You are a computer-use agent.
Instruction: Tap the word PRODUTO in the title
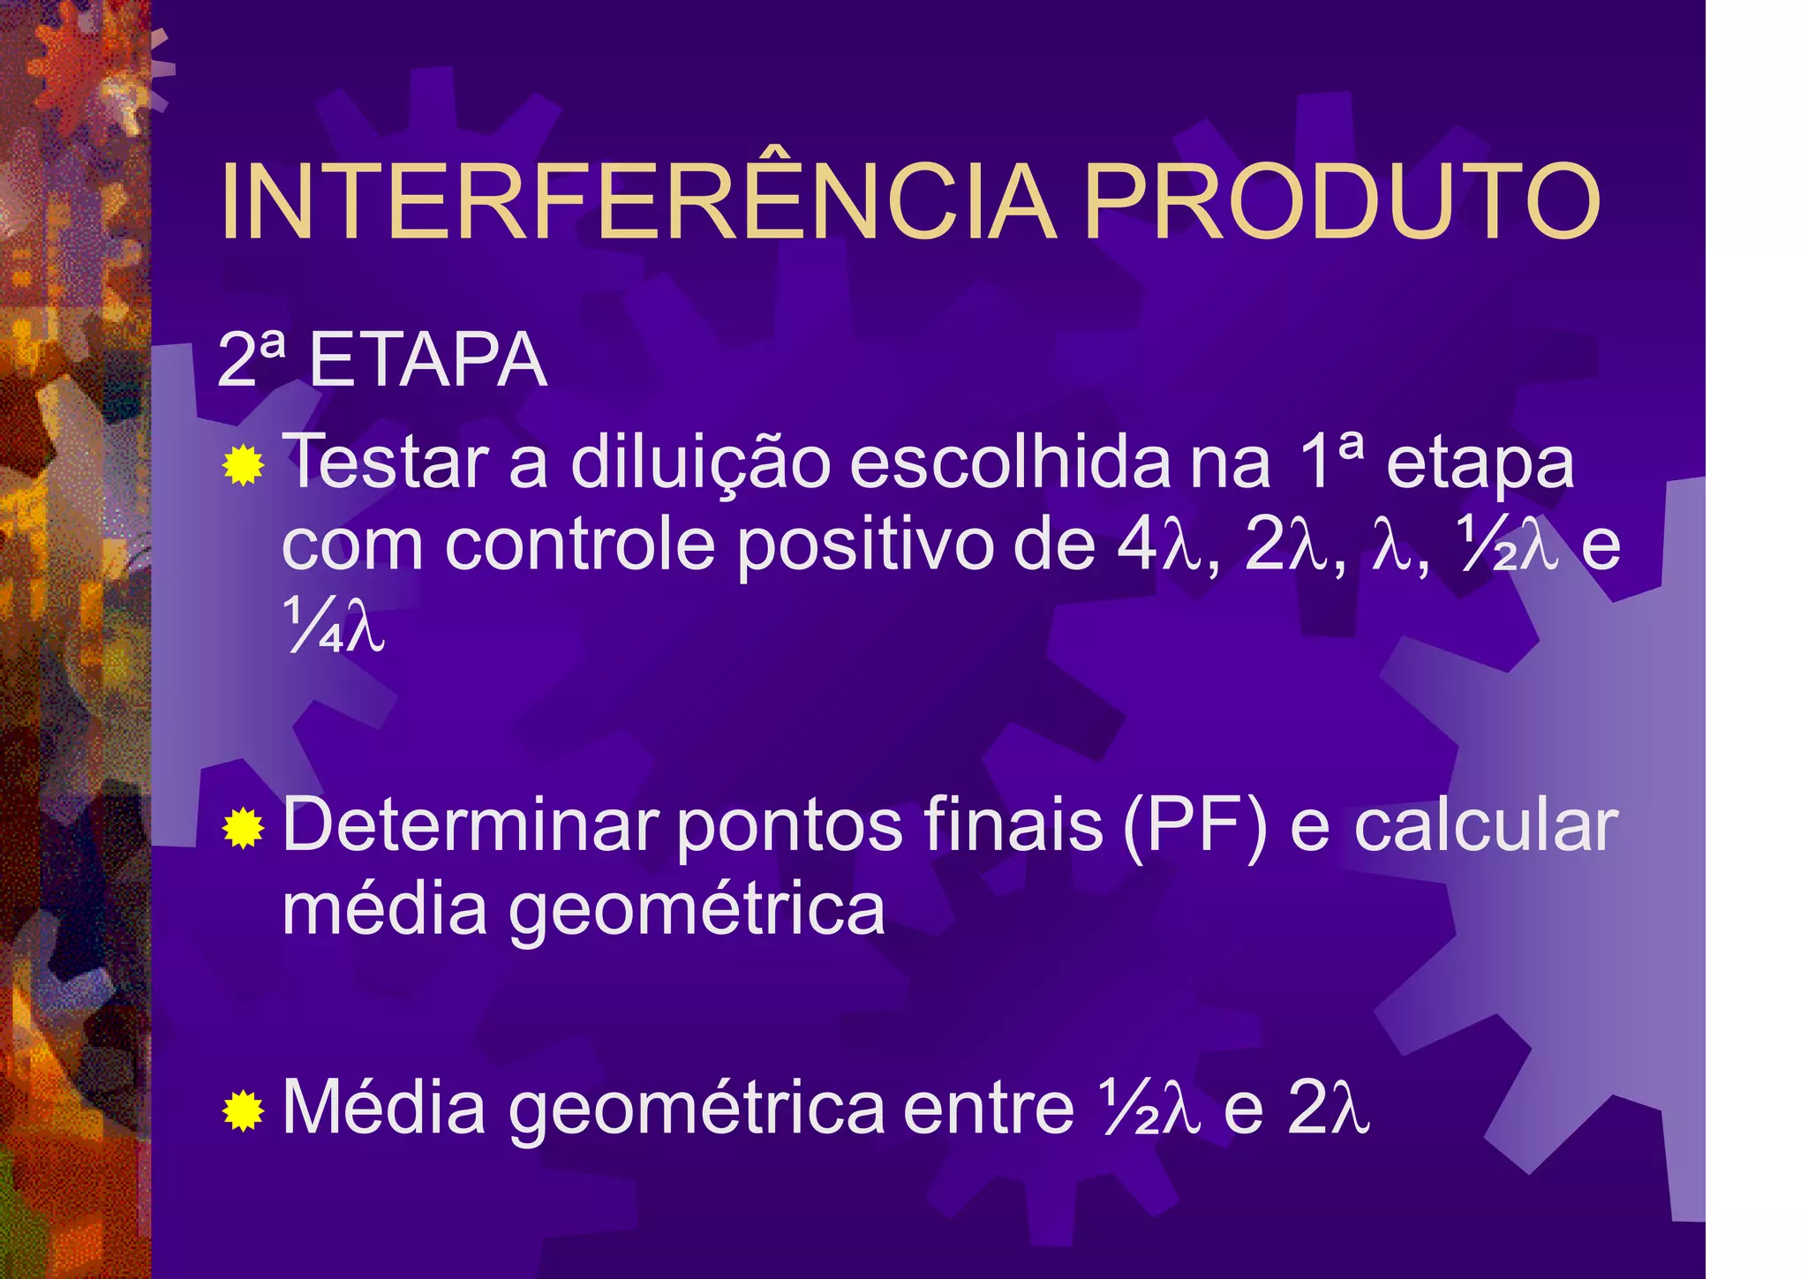(x=1342, y=201)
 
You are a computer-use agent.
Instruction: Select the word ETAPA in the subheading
(x=428, y=361)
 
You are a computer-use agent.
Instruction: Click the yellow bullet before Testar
(x=244, y=465)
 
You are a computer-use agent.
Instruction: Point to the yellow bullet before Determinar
(x=244, y=829)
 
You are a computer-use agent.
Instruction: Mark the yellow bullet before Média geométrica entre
(x=244, y=1110)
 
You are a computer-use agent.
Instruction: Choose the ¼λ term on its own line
(x=334, y=625)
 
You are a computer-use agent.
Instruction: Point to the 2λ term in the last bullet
(x=1328, y=1109)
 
